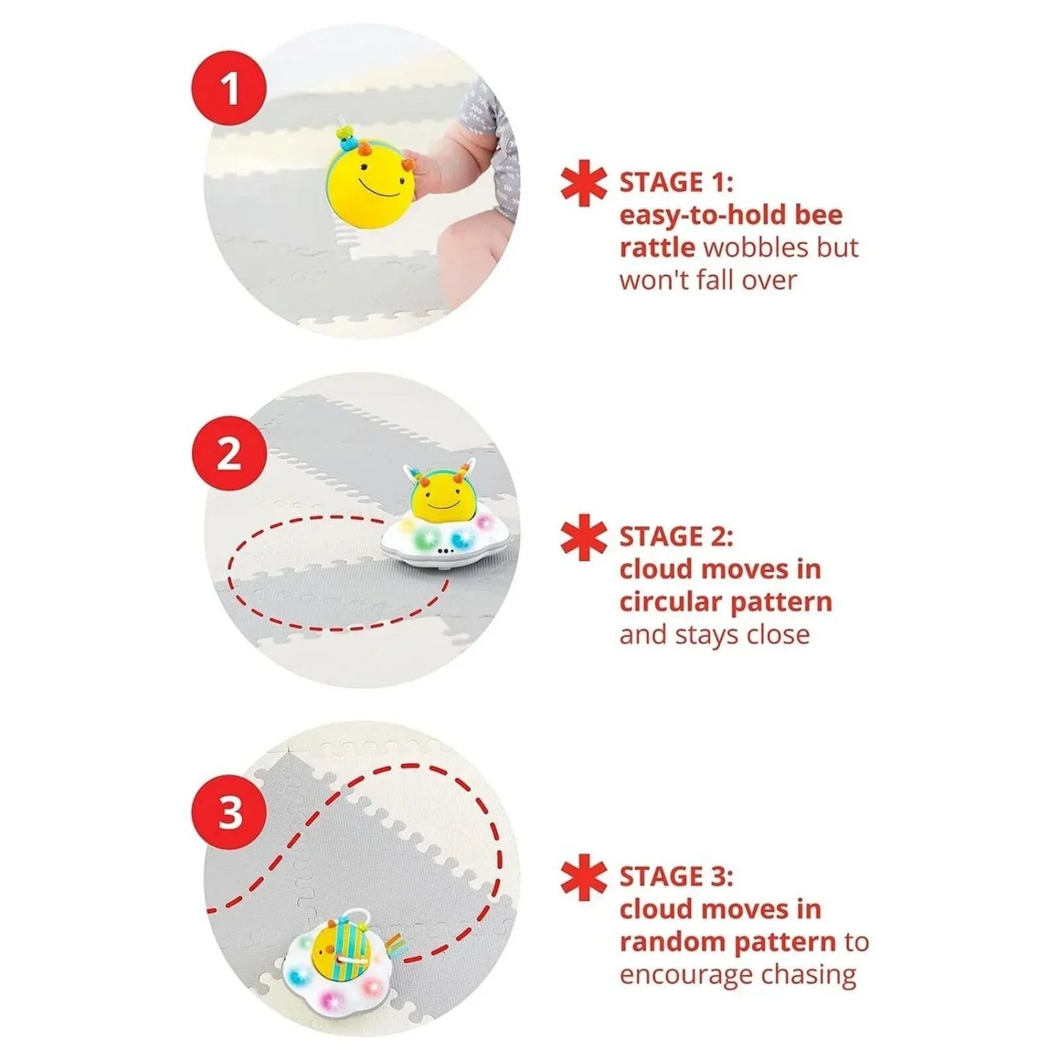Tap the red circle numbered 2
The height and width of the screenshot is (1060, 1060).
point(229,454)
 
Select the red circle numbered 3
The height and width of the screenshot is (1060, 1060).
point(230,813)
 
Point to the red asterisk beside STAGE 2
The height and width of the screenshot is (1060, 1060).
point(584,539)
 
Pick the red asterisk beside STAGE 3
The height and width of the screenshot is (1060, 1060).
point(584,880)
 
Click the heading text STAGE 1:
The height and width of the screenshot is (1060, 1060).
point(676,183)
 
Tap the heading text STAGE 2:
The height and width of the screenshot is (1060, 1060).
point(676,537)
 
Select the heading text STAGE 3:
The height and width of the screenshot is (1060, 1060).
point(676,877)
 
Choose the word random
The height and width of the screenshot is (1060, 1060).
point(669,942)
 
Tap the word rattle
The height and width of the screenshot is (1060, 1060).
point(657,247)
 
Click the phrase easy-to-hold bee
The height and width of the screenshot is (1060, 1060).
point(731,215)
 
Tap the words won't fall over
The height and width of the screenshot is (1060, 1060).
point(707,280)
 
